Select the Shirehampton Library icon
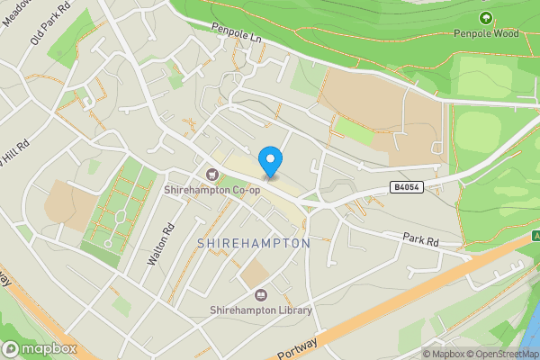[261, 295]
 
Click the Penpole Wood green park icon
[486, 18]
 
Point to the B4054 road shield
[405, 186]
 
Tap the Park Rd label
[419, 240]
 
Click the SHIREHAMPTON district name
[252, 244]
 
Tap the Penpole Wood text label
[487, 34]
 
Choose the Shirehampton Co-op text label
[211, 190]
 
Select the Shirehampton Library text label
[261, 310]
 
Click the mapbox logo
[40, 348]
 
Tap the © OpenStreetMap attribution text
[502, 354]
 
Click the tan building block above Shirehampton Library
[256, 273]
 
